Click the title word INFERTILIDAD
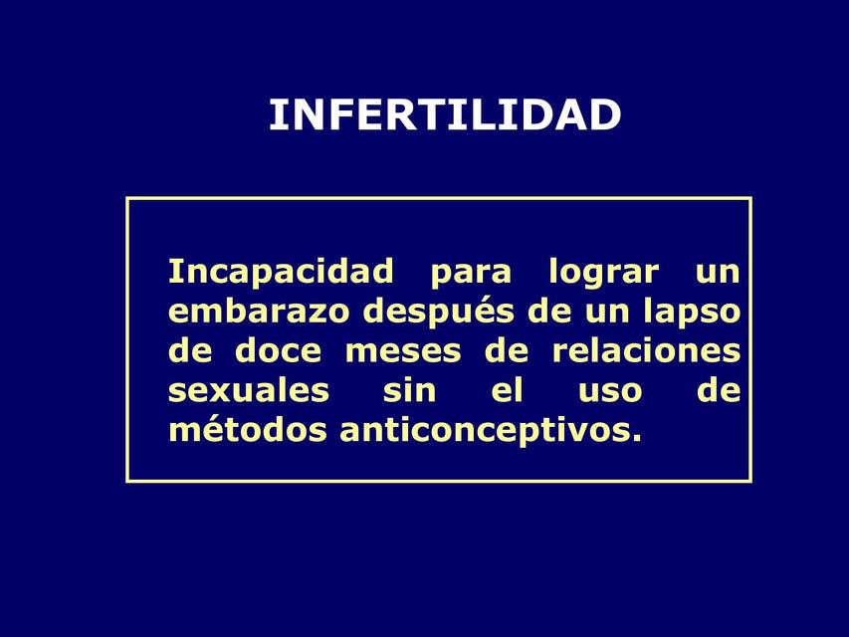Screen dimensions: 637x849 point(444,115)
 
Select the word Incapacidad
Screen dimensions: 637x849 point(281,271)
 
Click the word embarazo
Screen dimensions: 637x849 point(259,312)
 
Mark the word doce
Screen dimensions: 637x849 point(278,351)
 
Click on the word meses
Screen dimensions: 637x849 point(403,351)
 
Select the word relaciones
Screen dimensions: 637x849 point(646,351)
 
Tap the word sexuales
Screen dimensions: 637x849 point(248,391)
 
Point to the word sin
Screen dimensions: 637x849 point(409,391)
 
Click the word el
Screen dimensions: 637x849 point(507,391)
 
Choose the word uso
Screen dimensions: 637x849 point(609,391)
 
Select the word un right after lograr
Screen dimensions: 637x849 point(717,272)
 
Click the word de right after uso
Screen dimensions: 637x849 point(719,391)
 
